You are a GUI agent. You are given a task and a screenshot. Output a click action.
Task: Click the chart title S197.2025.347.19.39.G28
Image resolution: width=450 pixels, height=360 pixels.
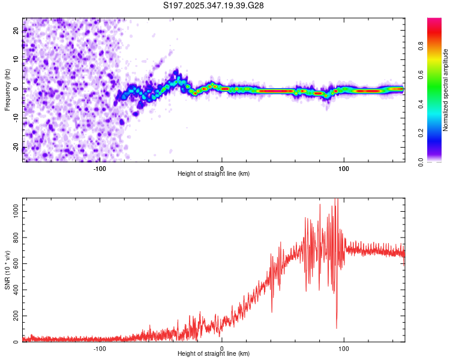(x=214, y=5)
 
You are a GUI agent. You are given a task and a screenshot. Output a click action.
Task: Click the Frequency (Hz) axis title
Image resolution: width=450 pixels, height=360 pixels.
(x=7, y=89)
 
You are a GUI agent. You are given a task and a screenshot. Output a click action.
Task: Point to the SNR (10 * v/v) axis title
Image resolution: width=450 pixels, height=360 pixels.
(x=7, y=269)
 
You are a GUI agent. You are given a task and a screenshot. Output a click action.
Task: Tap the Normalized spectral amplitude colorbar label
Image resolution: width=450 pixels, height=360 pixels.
(x=445, y=89)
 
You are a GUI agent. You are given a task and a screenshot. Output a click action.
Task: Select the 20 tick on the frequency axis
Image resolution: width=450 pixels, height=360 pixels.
(x=16, y=31)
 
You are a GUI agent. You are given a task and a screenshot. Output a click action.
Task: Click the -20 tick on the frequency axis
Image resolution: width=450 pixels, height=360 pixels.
(x=16, y=146)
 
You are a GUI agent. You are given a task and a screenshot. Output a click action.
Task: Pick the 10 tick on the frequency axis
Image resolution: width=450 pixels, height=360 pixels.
(x=16, y=60)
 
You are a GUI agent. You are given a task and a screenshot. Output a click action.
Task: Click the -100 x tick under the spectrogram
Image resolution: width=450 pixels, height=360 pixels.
(x=100, y=167)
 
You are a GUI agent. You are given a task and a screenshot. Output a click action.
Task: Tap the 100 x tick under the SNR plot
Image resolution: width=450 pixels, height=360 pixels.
(x=344, y=348)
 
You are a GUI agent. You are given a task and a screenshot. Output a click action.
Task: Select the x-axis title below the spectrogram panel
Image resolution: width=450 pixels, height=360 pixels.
(x=214, y=173)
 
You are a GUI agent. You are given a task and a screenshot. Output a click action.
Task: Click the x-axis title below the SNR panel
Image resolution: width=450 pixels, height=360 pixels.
(x=214, y=354)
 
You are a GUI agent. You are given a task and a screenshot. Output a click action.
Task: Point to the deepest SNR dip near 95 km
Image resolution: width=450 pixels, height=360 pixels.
(x=336, y=328)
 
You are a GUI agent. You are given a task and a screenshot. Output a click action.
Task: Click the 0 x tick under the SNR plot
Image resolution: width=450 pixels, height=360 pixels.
(x=222, y=348)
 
